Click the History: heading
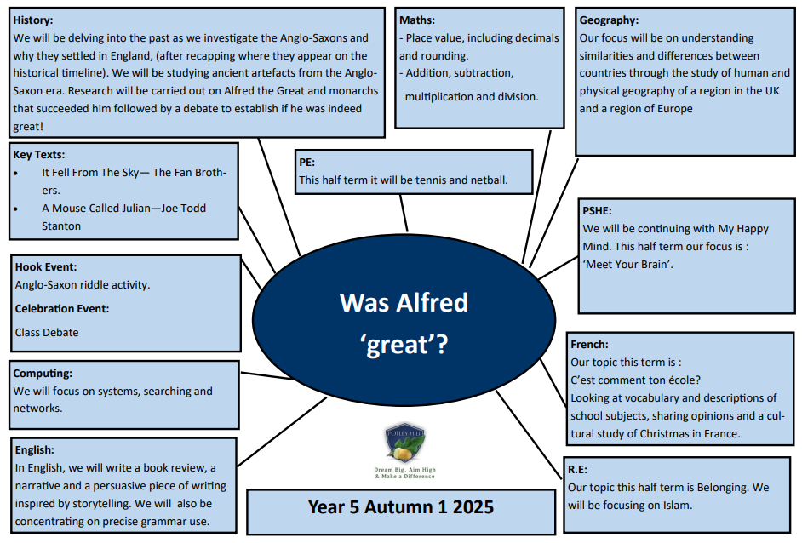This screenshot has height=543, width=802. [x=32, y=20]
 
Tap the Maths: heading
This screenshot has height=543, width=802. [x=417, y=20]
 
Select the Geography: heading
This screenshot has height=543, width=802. [x=609, y=21]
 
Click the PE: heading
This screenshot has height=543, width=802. [x=306, y=163]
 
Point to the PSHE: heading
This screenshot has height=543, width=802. [x=597, y=211]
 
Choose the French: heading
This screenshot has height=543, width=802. [x=589, y=345]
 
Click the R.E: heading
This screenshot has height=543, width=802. [x=577, y=470]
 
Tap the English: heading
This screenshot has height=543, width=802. [x=34, y=450]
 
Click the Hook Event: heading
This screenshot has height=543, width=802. [x=46, y=267]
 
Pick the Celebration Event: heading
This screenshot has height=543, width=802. [x=62, y=309]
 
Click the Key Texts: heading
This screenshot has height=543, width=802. [x=39, y=155]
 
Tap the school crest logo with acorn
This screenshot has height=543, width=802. [x=405, y=443]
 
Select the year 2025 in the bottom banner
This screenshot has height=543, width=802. [x=473, y=507]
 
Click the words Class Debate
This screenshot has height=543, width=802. [x=47, y=333]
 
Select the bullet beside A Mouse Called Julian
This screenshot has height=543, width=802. [x=16, y=209]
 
